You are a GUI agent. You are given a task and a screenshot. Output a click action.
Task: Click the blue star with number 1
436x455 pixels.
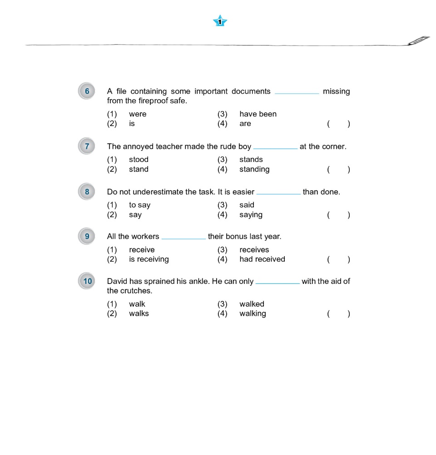tap(220, 21)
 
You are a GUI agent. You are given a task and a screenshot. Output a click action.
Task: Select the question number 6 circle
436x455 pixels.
tap(87, 91)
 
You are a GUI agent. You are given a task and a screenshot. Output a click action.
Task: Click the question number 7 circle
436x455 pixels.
tap(87, 147)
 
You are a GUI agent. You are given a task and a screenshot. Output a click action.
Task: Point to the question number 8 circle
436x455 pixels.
tap(87, 192)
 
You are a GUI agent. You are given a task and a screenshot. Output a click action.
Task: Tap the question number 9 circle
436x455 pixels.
tap(87, 237)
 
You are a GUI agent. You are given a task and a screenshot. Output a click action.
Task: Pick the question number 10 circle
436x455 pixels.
tap(87, 281)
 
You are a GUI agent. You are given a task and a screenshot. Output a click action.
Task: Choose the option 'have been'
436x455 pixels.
tap(258, 114)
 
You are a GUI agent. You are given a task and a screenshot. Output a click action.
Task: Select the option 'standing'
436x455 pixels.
tap(254, 169)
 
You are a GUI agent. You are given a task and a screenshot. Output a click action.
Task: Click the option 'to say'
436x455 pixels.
tap(139, 205)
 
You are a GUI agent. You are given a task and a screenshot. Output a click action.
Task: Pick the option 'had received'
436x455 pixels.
tap(262, 259)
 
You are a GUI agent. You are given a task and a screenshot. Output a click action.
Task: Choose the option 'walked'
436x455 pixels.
tap(252, 304)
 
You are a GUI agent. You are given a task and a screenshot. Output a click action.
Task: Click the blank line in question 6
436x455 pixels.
tap(297, 93)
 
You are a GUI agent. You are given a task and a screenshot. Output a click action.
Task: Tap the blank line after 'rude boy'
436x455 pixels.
tap(275, 148)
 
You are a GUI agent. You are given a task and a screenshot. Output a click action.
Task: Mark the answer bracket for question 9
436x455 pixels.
tap(338, 260)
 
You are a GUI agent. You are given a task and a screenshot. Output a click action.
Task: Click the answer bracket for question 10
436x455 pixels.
tap(338, 313)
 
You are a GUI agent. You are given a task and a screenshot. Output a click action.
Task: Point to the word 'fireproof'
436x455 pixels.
tap(153, 101)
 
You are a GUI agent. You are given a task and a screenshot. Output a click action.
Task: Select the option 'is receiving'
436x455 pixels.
tap(149, 259)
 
